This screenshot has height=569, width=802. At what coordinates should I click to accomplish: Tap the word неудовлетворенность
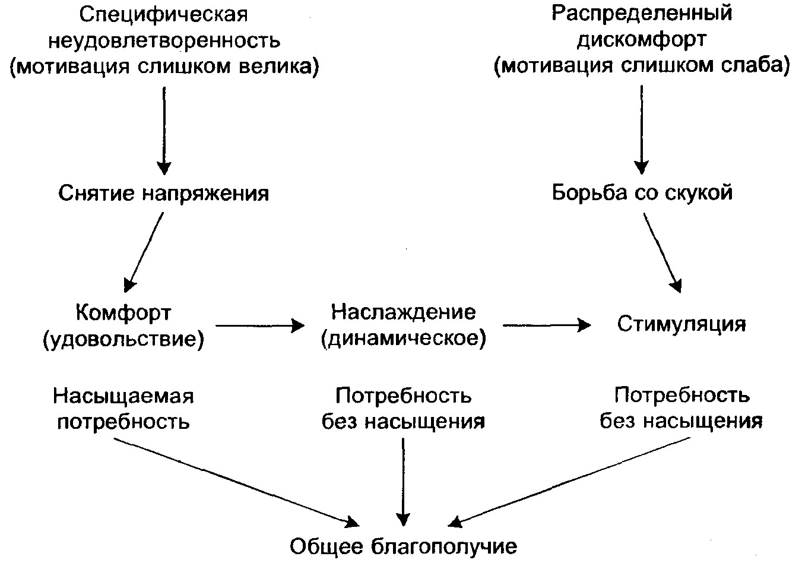pos(164,40)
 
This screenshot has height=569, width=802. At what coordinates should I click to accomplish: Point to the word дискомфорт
pos(642,40)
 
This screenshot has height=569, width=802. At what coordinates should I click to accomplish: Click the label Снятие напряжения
pos(164,194)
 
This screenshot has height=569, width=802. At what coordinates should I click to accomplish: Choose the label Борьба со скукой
pos(642,193)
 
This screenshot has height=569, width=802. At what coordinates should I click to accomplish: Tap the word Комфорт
pos(123,312)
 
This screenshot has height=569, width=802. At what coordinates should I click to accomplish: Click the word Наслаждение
pos(404,312)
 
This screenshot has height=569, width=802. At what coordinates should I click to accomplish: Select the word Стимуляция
pos(681,324)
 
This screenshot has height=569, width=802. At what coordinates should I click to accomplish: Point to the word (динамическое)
pos(404,339)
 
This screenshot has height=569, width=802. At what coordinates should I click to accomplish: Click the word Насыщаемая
pos(123,396)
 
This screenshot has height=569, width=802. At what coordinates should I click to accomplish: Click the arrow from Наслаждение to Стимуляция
pos(546,325)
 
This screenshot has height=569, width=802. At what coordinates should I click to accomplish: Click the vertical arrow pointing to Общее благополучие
pos(404,481)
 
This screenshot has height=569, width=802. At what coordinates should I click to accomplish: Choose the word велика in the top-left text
pos(283,67)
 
